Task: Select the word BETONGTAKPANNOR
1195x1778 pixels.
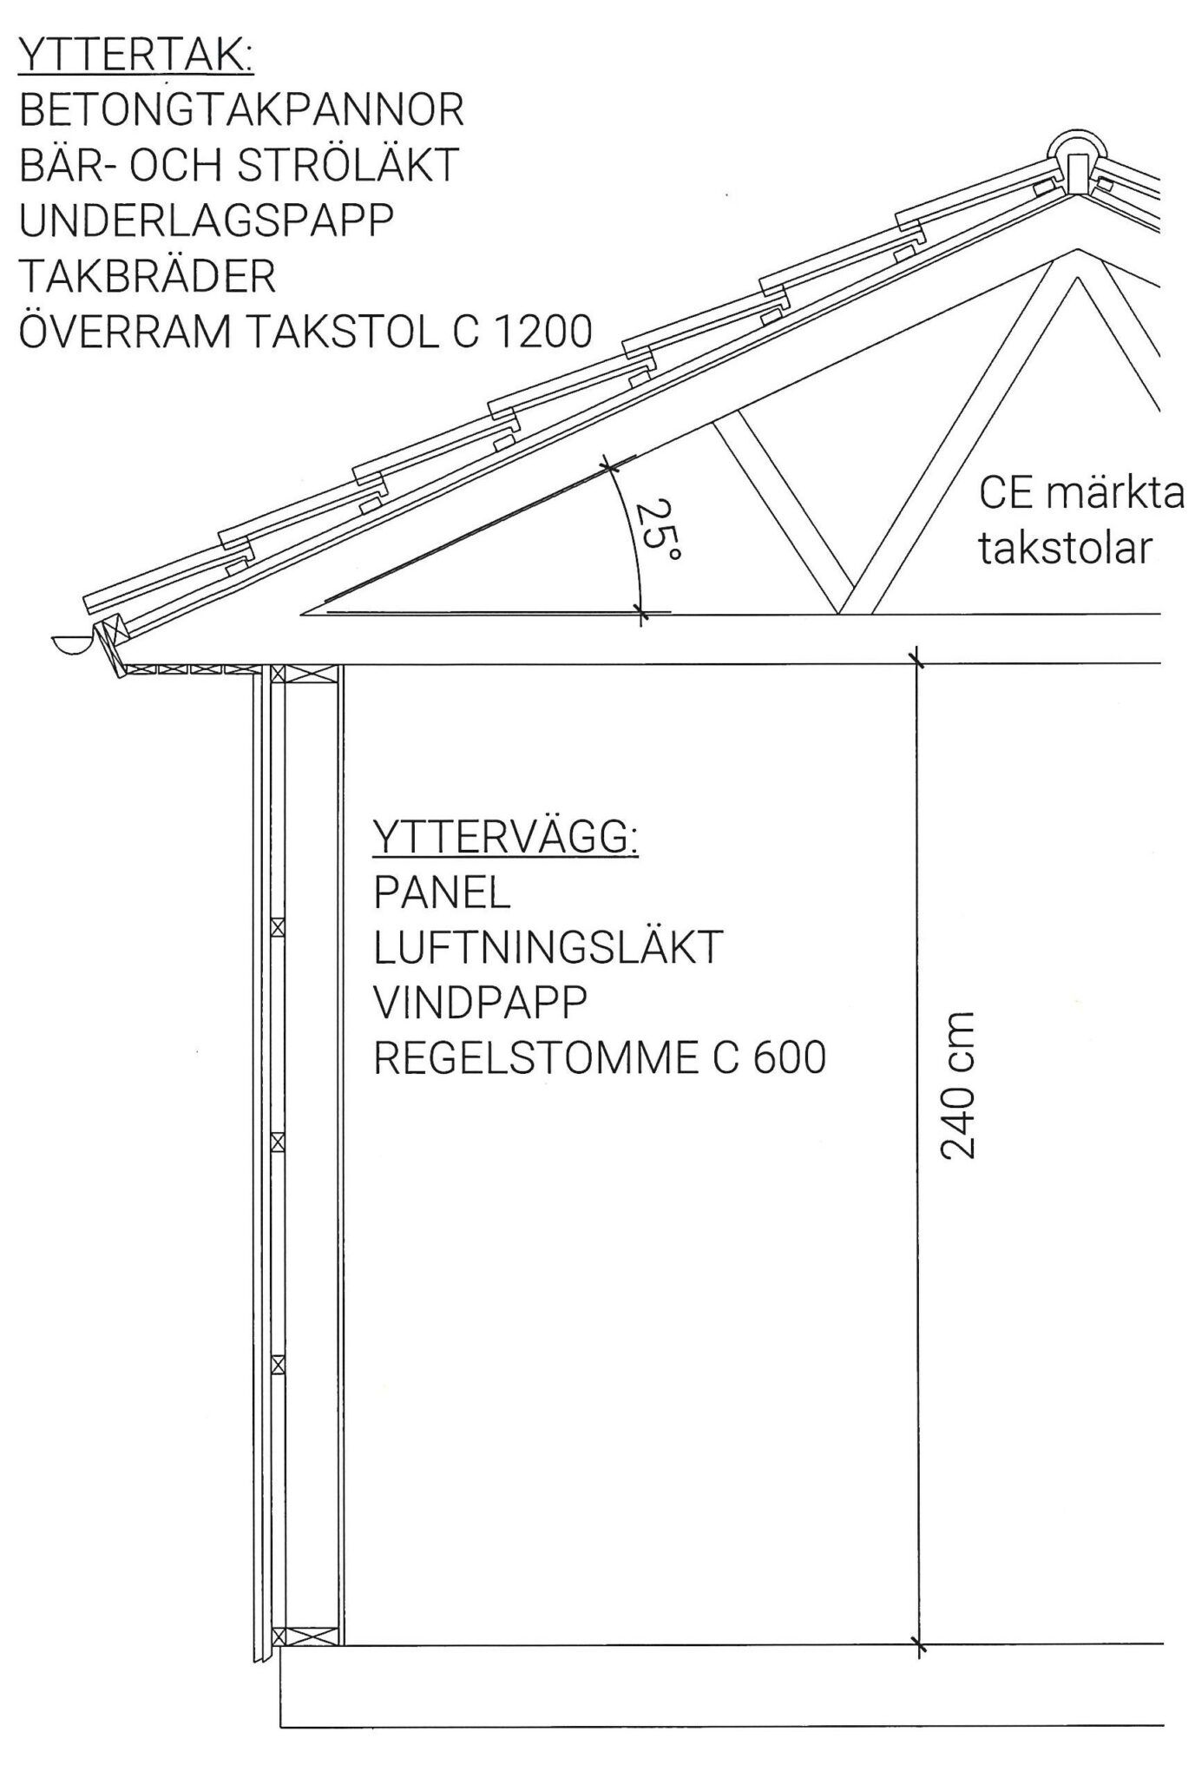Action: coord(241,110)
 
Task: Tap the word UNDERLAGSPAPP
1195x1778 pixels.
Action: coord(206,221)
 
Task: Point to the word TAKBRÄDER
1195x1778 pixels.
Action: coord(147,276)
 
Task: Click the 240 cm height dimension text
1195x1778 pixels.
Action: coord(958,1085)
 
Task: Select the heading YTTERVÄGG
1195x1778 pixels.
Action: coord(506,838)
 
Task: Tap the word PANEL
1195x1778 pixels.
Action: coord(442,893)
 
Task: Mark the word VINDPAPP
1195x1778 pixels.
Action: coord(480,1003)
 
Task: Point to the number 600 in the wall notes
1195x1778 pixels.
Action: coord(790,1058)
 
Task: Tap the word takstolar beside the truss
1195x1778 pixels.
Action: coord(1066,548)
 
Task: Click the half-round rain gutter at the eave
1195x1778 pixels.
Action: coord(70,643)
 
